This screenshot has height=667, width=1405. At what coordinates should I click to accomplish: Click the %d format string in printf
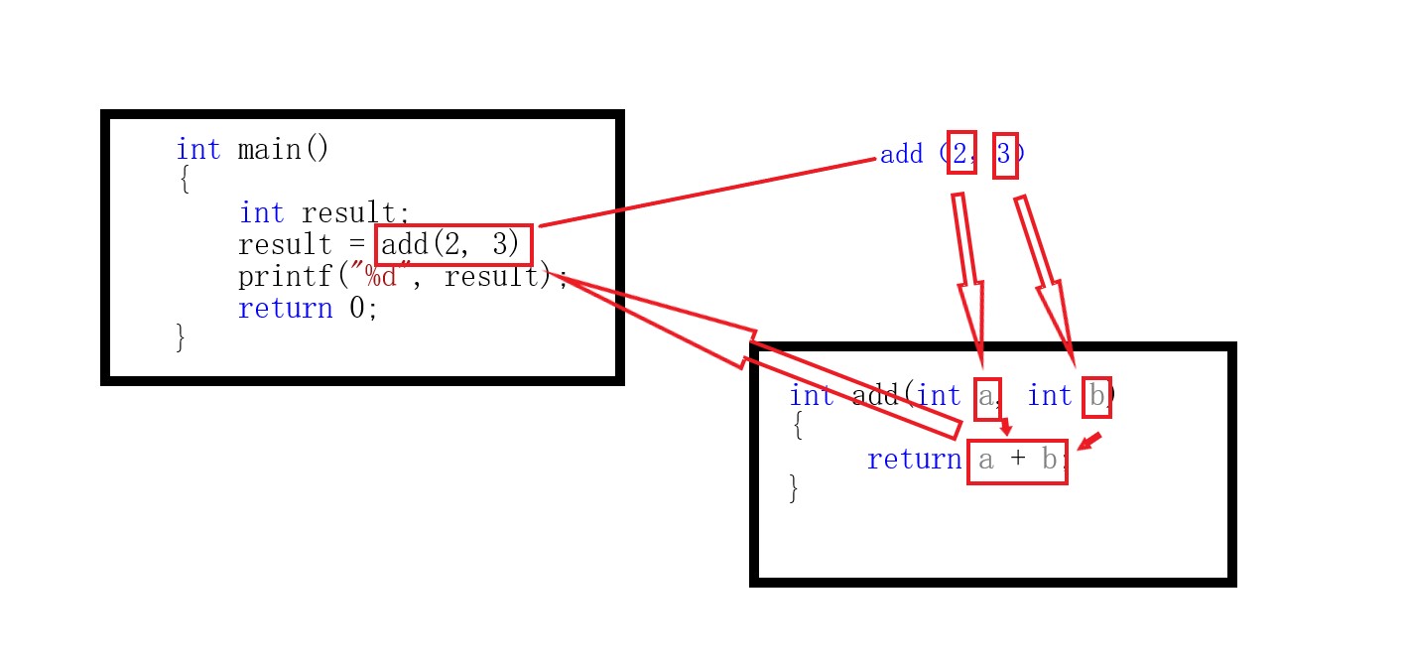tap(381, 276)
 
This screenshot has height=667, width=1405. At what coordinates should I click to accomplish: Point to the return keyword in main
tap(285, 308)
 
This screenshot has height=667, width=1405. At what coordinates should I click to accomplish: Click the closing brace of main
tap(180, 337)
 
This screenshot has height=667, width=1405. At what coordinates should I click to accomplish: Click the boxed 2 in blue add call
tap(960, 153)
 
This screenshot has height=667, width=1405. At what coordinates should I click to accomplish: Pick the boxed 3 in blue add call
tap(1004, 155)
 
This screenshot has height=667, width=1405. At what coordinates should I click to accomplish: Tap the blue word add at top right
tap(901, 155)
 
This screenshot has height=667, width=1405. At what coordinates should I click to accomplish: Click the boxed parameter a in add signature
tap(986, 397)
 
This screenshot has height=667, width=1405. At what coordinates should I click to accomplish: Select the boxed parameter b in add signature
tap(1095, 397)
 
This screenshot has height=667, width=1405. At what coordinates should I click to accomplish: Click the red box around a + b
tap(1017, 461)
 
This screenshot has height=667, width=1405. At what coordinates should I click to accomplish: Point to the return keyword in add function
tap(914, 460)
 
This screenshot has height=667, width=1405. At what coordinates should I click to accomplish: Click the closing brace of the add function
tap(793, 488)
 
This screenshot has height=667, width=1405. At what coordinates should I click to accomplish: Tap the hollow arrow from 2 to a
tap(969, 278)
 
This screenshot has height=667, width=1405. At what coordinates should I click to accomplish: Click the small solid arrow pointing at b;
tap(1089, 441)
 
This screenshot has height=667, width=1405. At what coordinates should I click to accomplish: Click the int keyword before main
tap(198, 150)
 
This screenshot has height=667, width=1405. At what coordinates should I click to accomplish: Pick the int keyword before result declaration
tap(261, 213)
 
